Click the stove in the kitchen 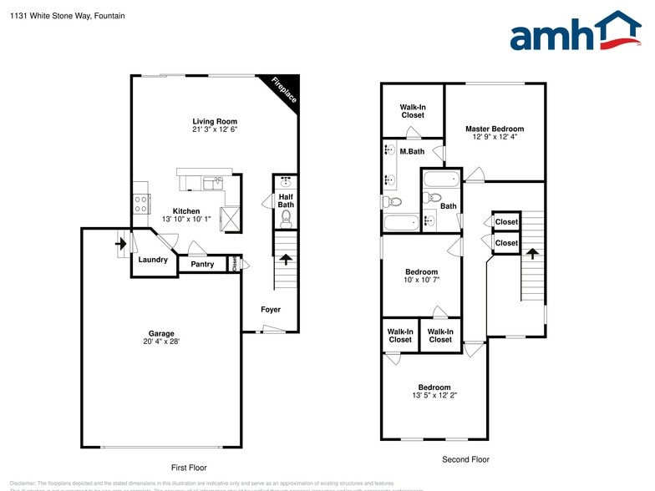[x=140, y=203]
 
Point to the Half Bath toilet [x=285, y=219]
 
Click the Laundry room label [x=153, y=260]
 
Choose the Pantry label [x=202, y=265]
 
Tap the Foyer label [x=271, y=310]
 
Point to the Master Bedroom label [x=495, y=129]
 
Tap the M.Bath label [x=412, y=151]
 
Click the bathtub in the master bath [x=401, y=224]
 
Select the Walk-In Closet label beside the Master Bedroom [x=413, y=111]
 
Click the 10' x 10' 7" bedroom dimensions [x=421, y=280]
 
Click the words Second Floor [x=465, y=459]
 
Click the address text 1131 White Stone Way [x=50, y=16]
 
